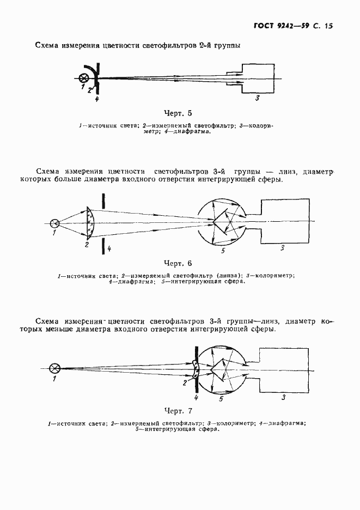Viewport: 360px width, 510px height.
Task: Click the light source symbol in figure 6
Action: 54,223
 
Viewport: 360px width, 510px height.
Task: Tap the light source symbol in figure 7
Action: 54,368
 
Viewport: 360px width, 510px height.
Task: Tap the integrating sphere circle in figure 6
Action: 221,223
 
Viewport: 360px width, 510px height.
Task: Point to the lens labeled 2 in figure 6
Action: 90,223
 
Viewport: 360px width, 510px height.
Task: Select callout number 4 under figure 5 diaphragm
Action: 96,99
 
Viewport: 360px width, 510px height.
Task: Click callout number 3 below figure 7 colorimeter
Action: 283,398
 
